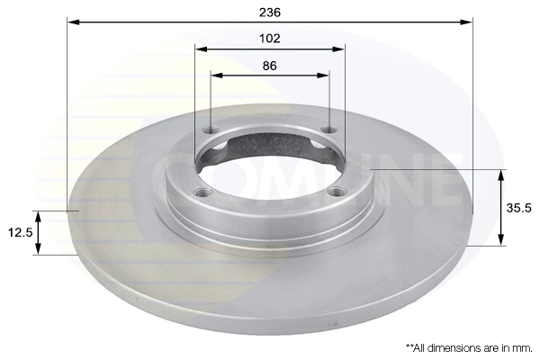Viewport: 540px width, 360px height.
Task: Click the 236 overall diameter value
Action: click(270, 11)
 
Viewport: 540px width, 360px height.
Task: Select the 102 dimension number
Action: click(270, 38)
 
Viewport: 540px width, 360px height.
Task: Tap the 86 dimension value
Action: click(270, 66)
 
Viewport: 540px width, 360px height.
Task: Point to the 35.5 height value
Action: click(519, 207)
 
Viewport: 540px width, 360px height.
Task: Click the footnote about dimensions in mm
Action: click(468, 346)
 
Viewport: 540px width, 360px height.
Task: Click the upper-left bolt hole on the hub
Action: click(211, 132)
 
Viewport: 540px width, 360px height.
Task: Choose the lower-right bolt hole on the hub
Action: click(339, 191)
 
